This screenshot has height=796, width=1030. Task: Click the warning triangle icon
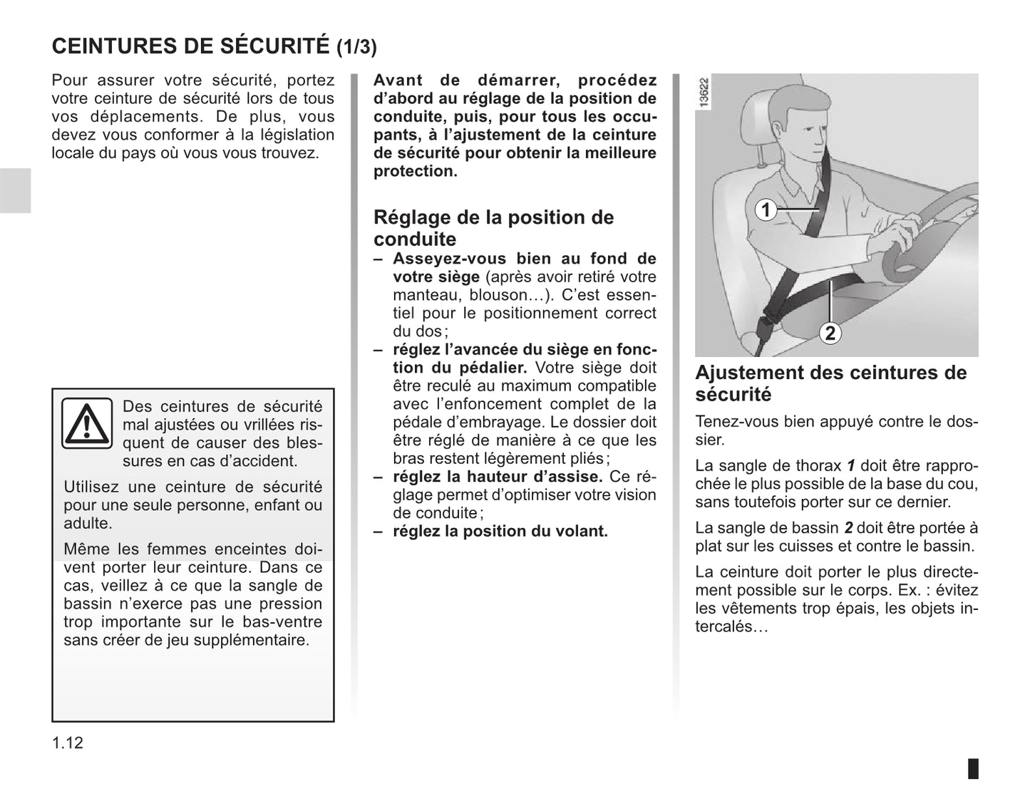pos(87,423)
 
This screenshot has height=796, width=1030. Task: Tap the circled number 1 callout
pos(766,210)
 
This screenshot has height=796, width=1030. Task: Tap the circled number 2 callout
pos(830,333)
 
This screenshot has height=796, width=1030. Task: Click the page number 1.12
pos(68,743)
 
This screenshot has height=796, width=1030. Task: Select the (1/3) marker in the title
pos(356,47)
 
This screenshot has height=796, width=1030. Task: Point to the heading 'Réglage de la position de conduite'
pos(493,227)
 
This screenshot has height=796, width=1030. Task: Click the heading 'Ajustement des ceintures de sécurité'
pos(830,383)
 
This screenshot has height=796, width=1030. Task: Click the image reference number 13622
pos(704,93)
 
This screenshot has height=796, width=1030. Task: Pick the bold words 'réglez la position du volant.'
pos(500,531)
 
